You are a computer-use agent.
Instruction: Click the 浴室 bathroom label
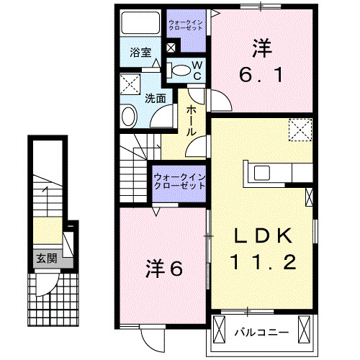click(x=140, y=53)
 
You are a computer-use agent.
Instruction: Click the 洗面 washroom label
click(x=155, y=97)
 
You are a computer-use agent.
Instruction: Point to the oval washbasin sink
click(x=128, y=116)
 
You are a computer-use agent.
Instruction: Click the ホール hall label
click(x=192, y=120)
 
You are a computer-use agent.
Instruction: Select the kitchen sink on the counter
click(x=260, y=173)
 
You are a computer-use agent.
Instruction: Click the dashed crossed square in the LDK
click(x=297, y=130)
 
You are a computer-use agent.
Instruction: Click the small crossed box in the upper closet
click(x=170, y=49)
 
